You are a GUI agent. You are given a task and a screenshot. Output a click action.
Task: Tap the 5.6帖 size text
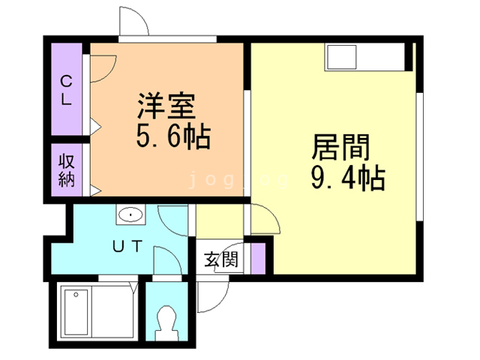click(172, 137)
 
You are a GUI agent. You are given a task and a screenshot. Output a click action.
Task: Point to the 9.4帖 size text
click(347, 178)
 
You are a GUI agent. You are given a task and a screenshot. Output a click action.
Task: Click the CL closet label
click(66, 88)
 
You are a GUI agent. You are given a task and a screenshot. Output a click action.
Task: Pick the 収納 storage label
click(67, 170)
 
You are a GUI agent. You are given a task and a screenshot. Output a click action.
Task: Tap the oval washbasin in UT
click(130, 215)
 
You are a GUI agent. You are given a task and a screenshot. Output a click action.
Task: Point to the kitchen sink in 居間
click(342, 58)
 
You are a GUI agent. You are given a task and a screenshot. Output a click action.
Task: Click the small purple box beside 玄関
click(258, 257)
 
